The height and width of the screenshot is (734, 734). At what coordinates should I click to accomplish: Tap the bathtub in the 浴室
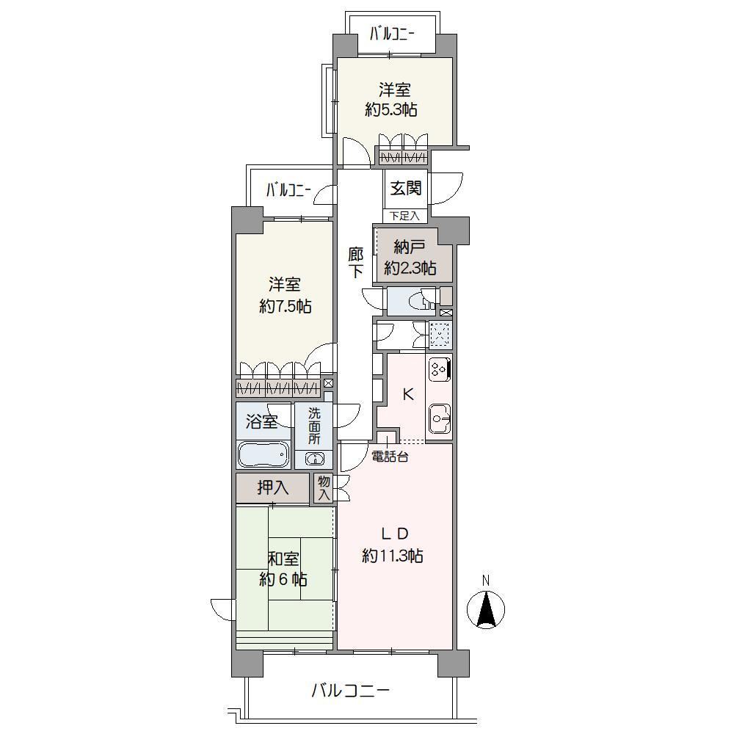coord(263,454)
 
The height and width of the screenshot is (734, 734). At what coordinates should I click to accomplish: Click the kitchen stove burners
coord(440,368)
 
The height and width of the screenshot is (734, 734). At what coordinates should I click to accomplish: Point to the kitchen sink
coord(440,418)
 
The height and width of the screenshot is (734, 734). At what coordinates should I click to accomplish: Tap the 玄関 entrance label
coord(405,188)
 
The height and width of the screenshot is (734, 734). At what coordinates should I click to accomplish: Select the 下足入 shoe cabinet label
coord(405,216)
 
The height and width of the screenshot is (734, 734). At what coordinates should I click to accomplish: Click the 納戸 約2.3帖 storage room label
coord(410,257)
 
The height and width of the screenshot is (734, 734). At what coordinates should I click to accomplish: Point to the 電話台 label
coord(390,457)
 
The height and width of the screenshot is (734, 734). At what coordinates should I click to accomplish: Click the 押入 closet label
coord(273,488)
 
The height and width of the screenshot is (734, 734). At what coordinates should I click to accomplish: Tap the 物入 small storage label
coord(324,488)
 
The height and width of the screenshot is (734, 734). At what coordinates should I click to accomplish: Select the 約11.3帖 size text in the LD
coord(393,556)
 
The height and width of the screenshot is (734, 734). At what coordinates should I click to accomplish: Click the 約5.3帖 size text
coord(391,109)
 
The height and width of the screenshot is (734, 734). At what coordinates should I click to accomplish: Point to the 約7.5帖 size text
coord(285,306)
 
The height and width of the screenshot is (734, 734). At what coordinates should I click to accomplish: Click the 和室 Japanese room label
coord(283,559)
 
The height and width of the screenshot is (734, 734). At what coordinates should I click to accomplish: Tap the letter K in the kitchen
coord(408,395)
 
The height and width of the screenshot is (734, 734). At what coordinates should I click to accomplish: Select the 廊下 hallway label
coord(356,263)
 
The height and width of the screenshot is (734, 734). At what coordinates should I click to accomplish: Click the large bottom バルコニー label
coord(351,691)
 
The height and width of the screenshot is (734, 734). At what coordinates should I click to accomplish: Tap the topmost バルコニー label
coord(392,34)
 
